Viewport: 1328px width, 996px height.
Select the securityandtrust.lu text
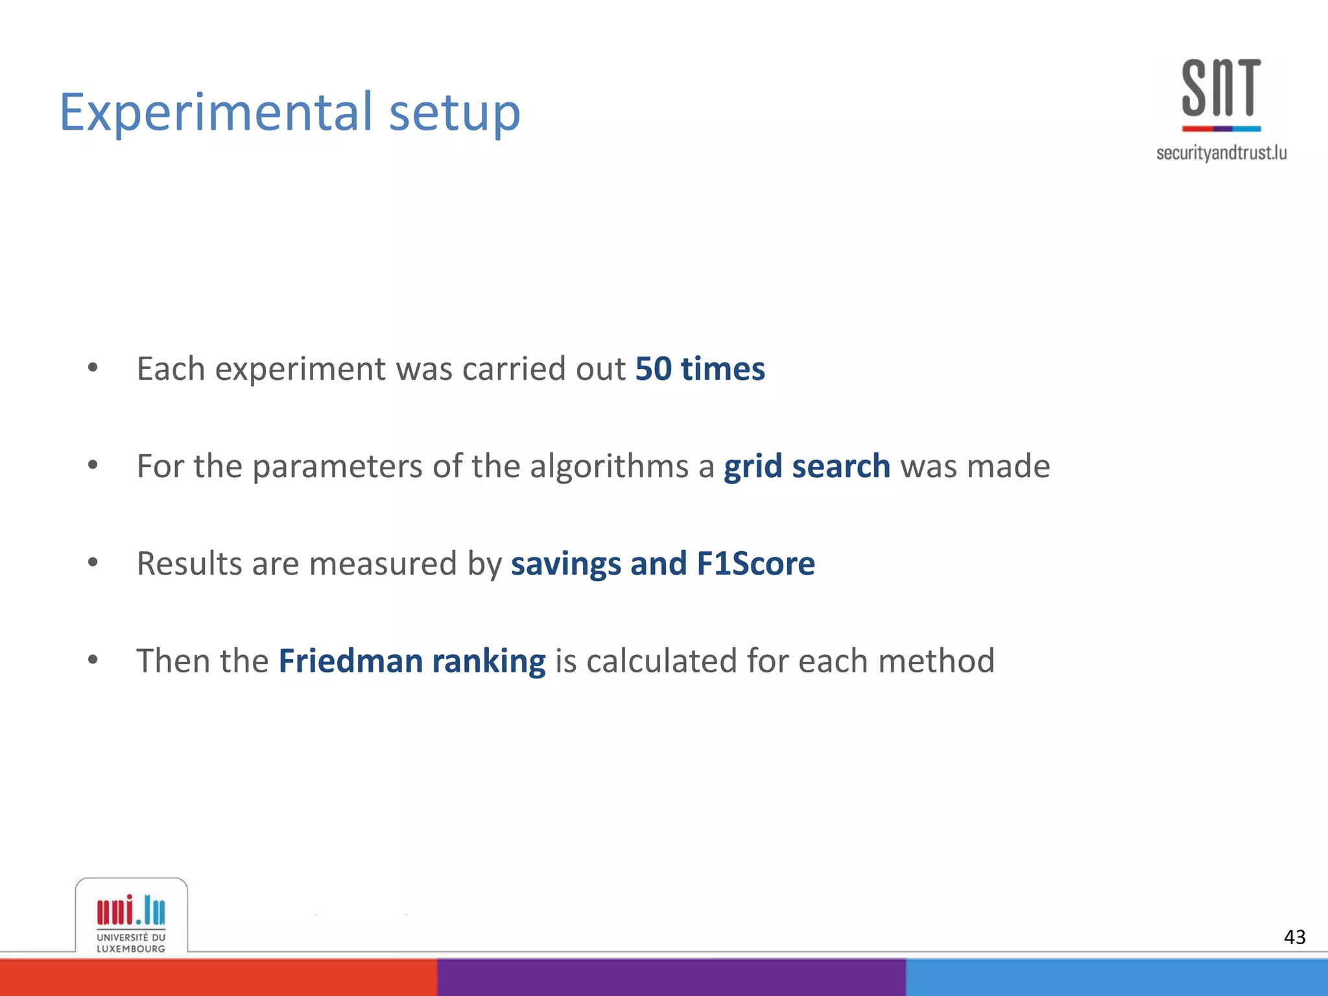[1221, 153]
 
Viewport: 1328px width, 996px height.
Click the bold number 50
[653, 368]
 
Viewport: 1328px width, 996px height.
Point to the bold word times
[723, 368]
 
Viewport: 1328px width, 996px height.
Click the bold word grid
[752, 466]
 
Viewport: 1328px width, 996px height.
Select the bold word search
[841, 466]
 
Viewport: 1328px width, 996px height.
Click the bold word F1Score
[755, 563]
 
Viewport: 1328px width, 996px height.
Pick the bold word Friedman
[351, 661]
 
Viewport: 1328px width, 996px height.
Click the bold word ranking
[489, 661]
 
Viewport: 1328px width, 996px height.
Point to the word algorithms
[609, 466]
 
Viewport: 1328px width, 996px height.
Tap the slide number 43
[1294, 937]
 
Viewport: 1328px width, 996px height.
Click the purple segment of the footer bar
[671, 977]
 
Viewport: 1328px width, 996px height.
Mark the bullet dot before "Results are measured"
[93, 563]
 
